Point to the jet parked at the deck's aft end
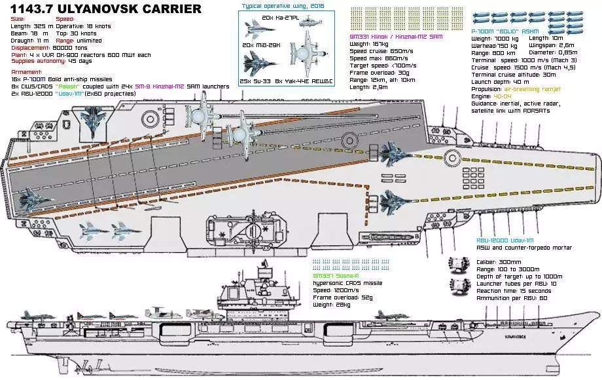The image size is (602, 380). click(x=33, y=195)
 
